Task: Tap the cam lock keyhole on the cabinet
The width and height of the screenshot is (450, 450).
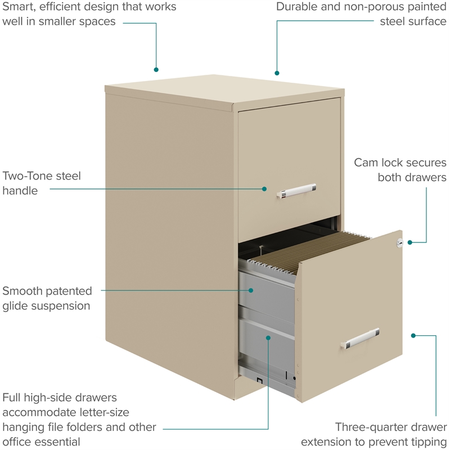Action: coord(400,243)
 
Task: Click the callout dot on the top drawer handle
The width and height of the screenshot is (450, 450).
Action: coord(264,190)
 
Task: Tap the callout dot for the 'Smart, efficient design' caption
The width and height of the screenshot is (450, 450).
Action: coord(156,70)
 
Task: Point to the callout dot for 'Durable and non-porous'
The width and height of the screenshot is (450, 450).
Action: coord(277,73)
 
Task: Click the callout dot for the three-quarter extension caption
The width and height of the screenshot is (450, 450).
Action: coord(413,335)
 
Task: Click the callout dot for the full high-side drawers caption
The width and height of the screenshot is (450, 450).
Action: coord(268,337)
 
